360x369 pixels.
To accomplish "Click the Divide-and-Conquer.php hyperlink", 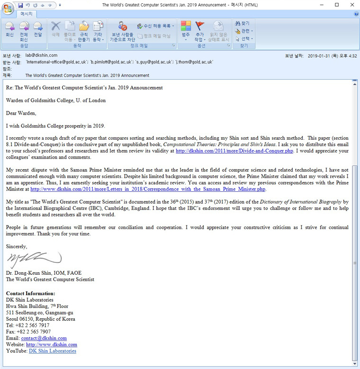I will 234,151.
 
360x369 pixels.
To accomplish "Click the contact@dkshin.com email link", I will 44,338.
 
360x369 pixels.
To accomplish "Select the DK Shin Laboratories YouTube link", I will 52,351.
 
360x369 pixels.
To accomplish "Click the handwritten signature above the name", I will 34,259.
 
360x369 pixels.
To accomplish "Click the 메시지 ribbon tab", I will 26,14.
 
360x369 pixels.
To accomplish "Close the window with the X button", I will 350,5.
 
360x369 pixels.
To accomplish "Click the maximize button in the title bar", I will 337,5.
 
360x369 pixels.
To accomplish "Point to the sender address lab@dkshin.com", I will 41,55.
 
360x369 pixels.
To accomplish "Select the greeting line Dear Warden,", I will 21,113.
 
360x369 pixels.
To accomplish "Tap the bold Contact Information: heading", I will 30,294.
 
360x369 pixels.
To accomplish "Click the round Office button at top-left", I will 8,9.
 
